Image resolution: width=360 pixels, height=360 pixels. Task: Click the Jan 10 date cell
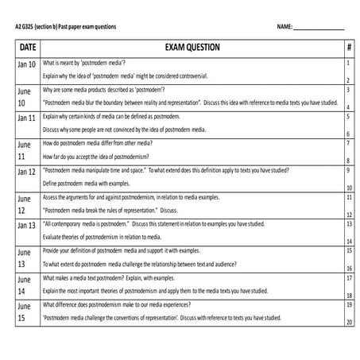(x=27, y=64)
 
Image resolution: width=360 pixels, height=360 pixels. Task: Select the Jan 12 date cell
(x=27, y=172)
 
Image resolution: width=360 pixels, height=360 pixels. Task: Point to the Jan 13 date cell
(x=27, y=226)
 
